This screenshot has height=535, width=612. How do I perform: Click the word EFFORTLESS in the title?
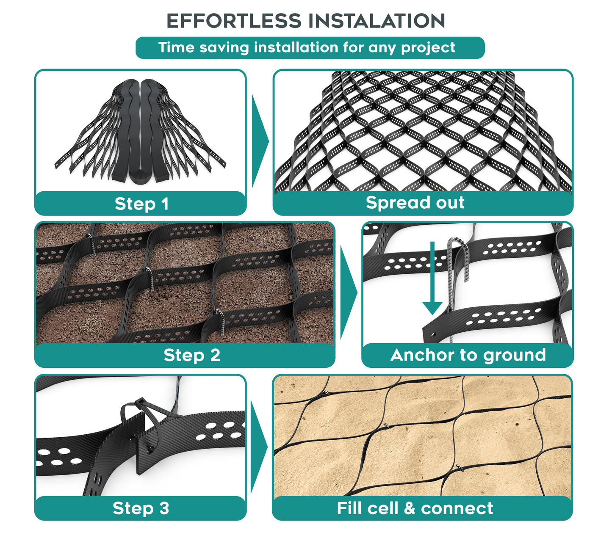pos(234,21)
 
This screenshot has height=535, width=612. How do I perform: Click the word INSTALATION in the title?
pos(377,21)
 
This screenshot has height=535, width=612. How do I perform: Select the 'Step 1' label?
pos(141,204)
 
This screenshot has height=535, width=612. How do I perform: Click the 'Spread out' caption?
pos(415,203)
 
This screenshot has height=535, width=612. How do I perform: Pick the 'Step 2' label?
pos(192,355)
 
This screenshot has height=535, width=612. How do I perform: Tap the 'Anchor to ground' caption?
pos(468,356)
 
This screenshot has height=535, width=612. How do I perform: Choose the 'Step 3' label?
pos(141,508)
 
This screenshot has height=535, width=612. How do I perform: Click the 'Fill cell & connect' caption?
pos(415,508)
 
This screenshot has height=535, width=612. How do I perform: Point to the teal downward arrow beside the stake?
pos(432,278)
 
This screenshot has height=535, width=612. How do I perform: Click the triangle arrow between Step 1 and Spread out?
pos(260,141)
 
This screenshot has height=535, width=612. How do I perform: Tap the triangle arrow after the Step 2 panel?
pos(349,292)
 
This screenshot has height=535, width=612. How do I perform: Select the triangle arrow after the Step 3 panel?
pos(259,447)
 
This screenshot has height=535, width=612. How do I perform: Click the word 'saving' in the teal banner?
pos(224,48)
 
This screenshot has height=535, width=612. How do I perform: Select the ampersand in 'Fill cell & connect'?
pos(410,508)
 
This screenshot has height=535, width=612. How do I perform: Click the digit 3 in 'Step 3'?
pos(164,508)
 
